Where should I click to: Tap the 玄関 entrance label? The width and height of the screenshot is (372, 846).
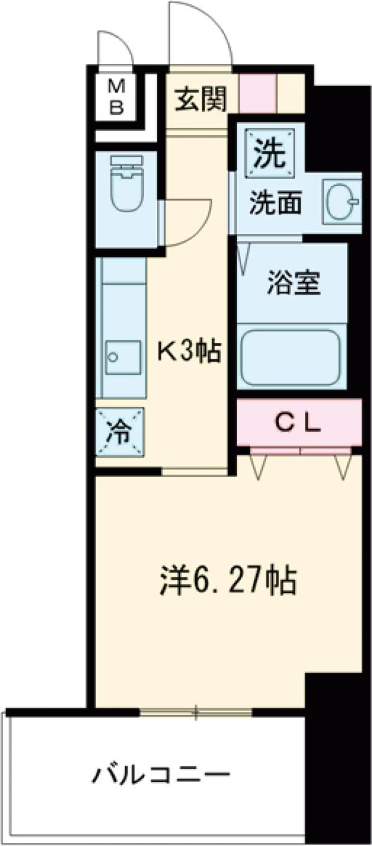200,99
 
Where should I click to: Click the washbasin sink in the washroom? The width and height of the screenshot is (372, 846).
341,202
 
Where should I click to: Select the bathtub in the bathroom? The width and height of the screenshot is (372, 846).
291,358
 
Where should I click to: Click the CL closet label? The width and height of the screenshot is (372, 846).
298,424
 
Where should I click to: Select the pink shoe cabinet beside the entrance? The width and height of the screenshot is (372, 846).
257,94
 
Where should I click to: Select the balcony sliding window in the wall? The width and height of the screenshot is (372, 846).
196,712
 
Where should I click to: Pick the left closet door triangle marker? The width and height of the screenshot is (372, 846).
259,465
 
